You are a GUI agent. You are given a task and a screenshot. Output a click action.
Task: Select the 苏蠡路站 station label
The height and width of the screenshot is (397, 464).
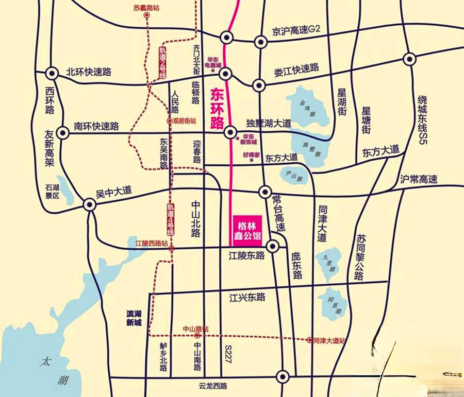click(147, 8)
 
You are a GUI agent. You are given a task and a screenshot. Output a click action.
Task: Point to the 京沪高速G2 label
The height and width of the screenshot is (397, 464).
click(296, 30)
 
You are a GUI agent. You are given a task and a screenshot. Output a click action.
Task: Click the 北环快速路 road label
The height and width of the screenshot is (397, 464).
click(89, 73)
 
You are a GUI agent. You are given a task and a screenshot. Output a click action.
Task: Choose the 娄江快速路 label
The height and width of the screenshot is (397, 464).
click(296, 70)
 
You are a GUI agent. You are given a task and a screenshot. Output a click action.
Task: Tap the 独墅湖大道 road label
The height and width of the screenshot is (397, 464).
click(269, 124)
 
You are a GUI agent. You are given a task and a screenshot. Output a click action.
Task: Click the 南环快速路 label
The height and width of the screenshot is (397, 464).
click(96, 126)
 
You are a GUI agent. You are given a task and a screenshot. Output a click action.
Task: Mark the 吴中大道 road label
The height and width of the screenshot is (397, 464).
click(114, 191)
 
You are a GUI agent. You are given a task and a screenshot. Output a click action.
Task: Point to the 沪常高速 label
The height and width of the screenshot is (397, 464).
click(419, 180)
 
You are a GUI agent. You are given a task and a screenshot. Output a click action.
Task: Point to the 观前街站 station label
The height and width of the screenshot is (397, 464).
click(184, 121)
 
